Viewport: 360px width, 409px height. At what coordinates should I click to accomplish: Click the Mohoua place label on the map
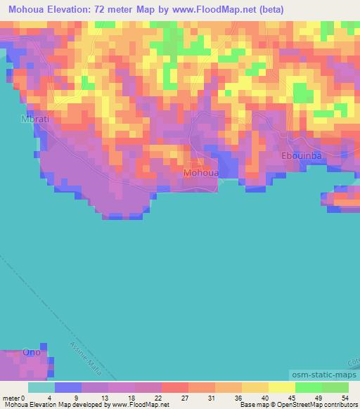tap(201, 173)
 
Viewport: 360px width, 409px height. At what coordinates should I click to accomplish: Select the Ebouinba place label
tap(301, 157)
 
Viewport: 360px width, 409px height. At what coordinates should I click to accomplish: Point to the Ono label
tap(32, 351)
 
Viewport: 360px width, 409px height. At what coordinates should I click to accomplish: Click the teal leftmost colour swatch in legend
tap(41, 387)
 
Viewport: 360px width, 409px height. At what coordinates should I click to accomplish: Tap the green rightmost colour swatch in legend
tap(335, 387)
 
